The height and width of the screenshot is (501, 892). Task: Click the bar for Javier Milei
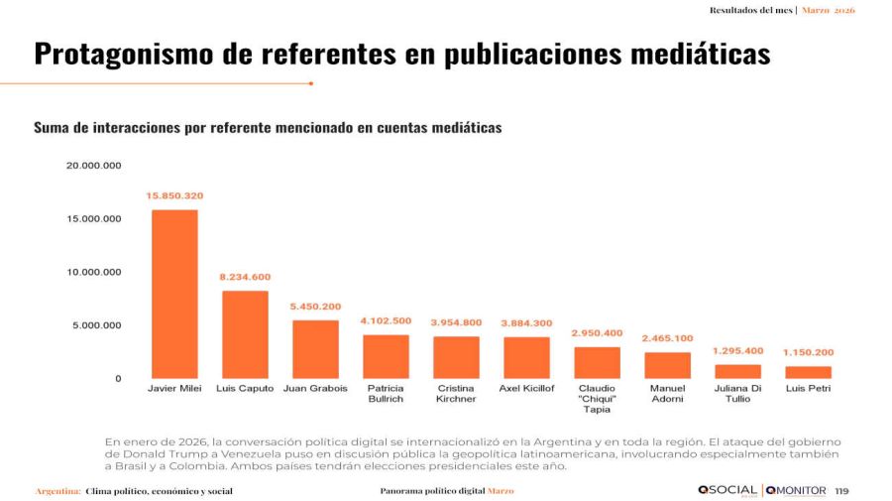[173, 294]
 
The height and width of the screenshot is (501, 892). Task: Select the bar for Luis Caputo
[245, 334]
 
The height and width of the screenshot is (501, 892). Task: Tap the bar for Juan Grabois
[315, 348]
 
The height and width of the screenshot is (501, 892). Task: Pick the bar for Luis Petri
[808, 372]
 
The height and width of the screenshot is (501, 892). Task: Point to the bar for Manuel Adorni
[667, 365]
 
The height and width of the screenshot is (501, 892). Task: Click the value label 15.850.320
[174, 195]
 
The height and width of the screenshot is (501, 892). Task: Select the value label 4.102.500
[386, 320]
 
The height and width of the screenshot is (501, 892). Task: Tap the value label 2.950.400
[597, 333]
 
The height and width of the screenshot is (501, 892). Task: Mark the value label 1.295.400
[738, 350]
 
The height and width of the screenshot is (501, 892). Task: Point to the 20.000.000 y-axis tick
[93, 165]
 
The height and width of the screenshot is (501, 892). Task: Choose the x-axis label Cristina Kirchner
[456, 393]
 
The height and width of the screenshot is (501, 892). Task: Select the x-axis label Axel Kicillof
[526, 388]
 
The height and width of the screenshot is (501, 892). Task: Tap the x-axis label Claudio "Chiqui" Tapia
[598, 398]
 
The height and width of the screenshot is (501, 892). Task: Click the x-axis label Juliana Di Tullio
[738, 393]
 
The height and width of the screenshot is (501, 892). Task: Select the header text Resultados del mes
[752, 10]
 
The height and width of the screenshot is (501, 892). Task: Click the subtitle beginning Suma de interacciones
[268, 128]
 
